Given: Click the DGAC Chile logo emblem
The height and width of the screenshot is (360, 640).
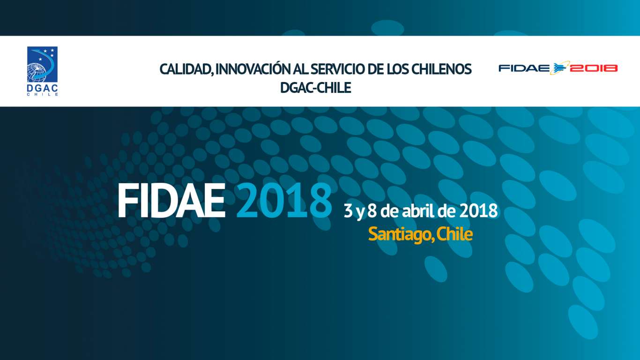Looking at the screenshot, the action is click(x=42, y=64).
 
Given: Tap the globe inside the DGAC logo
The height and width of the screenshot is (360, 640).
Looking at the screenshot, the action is click(x=36, y=72).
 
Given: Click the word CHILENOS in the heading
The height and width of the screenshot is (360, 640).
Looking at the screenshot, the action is click(x=442, y=69).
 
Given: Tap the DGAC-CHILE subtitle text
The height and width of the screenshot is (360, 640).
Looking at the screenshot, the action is click(x=315, y=88).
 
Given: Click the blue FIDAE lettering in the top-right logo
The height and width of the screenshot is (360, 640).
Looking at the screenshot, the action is click(x=524, y=68).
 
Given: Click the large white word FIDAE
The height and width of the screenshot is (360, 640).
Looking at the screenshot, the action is click(x=171, y=201).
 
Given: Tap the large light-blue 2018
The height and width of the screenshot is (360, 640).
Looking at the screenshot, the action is click(x=284, y=201).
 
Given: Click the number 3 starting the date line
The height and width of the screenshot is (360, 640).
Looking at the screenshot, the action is click(x=348, y=211).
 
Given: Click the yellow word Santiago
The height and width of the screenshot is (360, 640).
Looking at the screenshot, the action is click(x=401, y=235).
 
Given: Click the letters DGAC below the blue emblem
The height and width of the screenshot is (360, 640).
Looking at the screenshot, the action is click(x=42, y=88).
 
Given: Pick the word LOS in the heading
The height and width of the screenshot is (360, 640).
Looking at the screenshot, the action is click(x=398, y=69).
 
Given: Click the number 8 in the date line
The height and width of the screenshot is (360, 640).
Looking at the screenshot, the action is click(x=372, y=211).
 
